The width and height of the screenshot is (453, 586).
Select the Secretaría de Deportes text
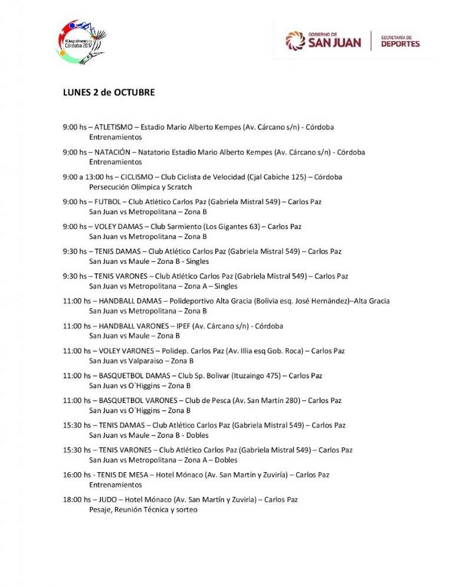401,41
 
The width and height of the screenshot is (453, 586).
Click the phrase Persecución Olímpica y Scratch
140,187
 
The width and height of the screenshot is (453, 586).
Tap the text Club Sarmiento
175,227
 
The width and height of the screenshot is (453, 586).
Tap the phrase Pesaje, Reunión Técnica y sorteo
143,510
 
